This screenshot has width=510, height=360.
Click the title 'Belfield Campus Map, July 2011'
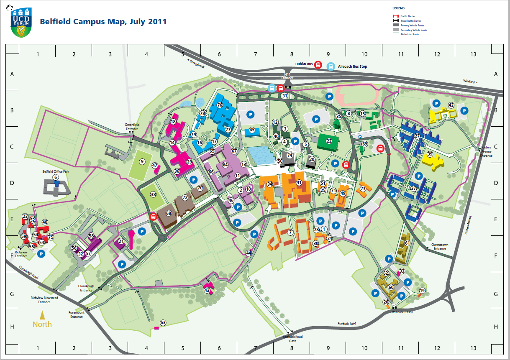103,22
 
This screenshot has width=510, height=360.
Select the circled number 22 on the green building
329,141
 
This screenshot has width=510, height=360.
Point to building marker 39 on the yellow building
430,154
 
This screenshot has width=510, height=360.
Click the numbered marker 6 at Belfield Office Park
56,177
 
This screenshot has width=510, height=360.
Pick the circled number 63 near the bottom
163,322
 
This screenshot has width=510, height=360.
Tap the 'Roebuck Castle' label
403,312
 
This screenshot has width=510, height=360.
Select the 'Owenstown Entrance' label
440,247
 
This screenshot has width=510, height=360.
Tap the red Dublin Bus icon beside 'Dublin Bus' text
318,65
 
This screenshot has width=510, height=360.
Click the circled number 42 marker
451,105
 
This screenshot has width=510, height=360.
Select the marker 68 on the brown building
169,213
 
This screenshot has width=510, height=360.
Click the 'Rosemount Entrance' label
77,314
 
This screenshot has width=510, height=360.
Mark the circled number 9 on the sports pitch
142,161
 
